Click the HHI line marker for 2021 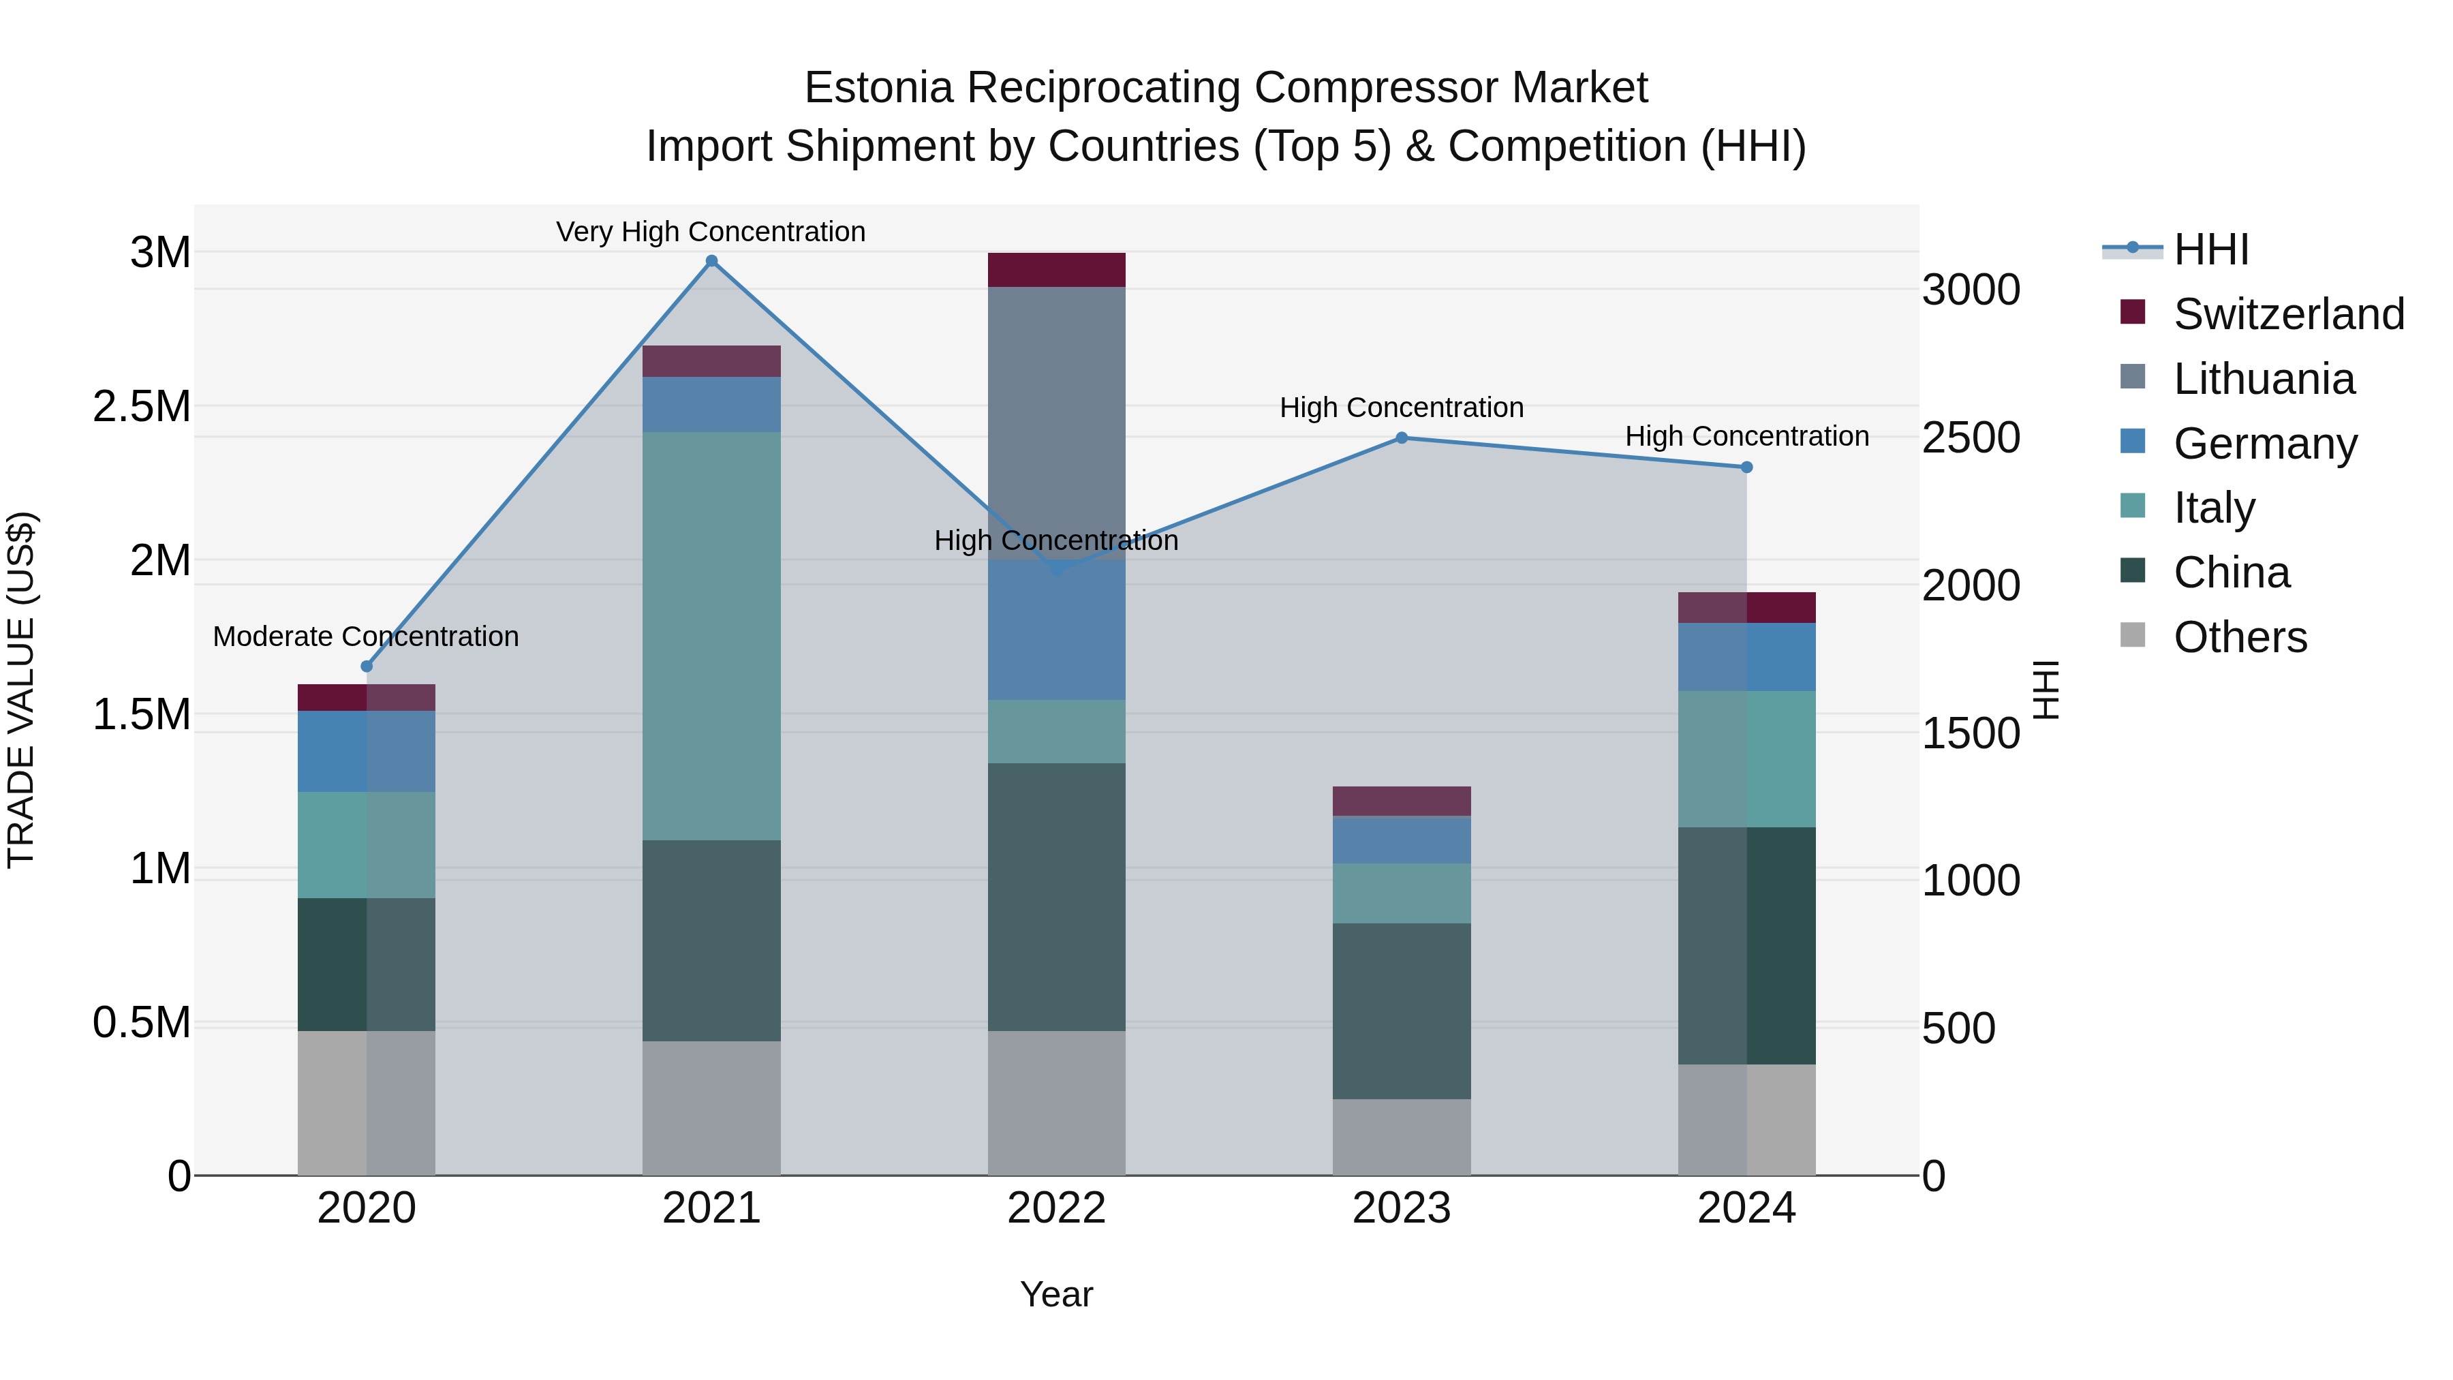tap(711, 261)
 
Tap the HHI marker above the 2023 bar tap(1401, 438)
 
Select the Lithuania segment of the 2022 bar tap(1056, 419)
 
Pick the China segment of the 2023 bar tap(1401, 1011)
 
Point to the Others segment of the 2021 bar tap(711, 1107)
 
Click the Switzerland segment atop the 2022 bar tap(1056, 269)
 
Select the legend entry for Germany tap(2264, 444)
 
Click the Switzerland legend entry tap(2288, 314)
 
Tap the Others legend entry tap(2240, 637)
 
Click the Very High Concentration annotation tap(711, 232)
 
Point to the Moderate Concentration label tap(366, 637)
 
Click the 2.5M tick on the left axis tap(141, 407)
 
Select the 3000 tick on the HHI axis tap(1970, 290)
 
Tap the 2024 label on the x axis tap(1746, 1208)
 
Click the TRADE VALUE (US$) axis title tap(21, 690)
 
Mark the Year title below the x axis tap(1056, 1294)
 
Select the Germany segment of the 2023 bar tap(1401, 840)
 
